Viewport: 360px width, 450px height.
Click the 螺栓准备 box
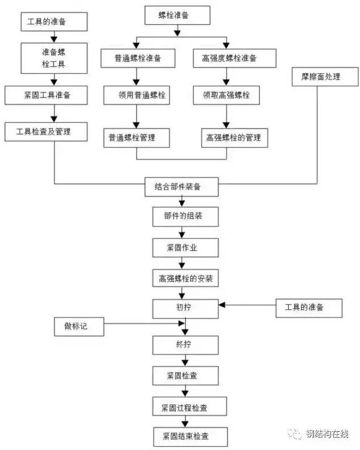(173, 15)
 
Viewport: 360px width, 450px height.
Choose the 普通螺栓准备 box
(138, 58)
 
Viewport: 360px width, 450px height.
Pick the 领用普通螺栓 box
(138, 95)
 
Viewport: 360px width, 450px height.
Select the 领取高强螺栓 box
(226, 95)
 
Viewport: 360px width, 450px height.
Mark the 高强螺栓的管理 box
(233, 137)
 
